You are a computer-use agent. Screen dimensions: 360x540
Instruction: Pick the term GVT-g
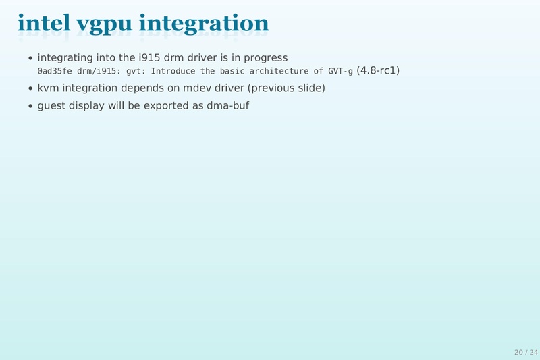[341, 71]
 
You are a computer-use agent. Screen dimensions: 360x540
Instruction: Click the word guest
[51, 106]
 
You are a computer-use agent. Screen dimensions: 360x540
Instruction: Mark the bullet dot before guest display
[31, 107]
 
